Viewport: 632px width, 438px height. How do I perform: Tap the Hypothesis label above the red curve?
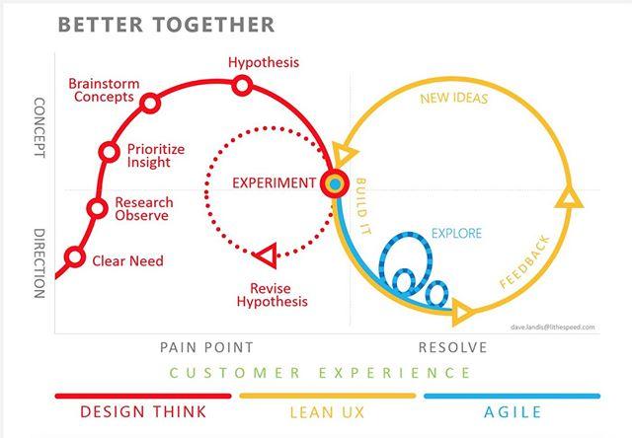tap(264, 63)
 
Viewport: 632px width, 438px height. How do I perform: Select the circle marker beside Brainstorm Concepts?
tap(150, 103)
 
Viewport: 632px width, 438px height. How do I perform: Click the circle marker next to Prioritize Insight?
tap(110, 152)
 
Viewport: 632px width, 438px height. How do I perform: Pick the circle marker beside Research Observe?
tap(97, 208)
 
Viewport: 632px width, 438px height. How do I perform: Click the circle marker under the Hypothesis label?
tap(243, 86)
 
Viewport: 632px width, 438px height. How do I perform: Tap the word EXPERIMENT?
tap(275, 182)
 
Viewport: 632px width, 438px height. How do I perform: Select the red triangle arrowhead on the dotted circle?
tap(264, 256)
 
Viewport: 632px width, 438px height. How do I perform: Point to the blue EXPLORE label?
tap(455, 235)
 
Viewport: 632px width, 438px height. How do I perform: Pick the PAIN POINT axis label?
tap(206, 346)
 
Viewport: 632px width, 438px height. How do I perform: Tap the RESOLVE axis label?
tap(453, 346)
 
